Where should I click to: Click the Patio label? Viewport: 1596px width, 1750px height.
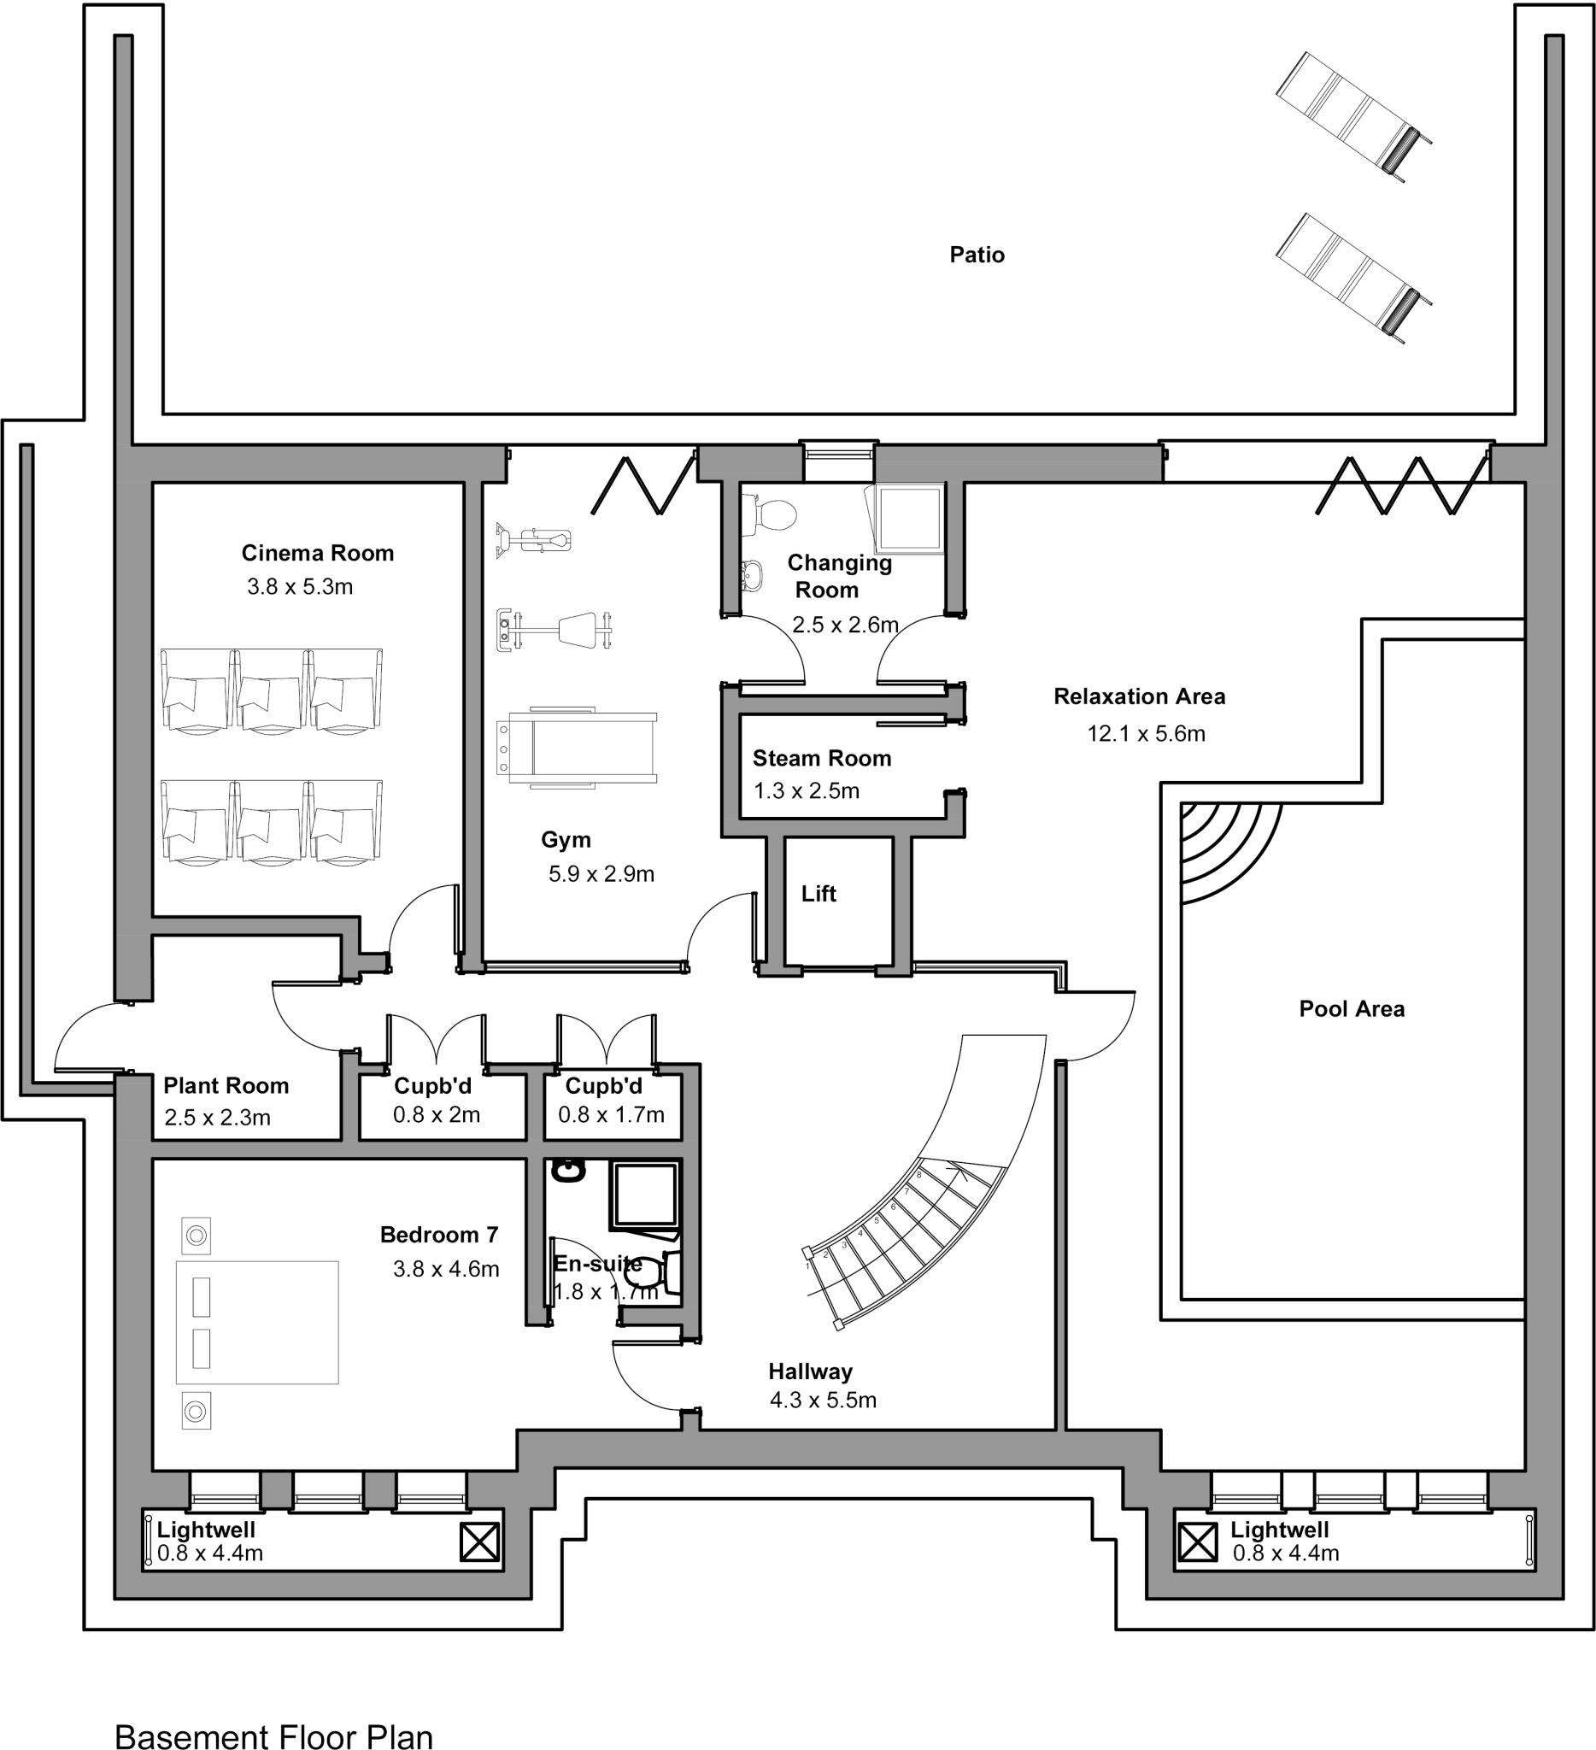click(x=977, y=255)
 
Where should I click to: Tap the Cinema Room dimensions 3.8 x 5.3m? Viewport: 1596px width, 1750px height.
click(x=299, y=587)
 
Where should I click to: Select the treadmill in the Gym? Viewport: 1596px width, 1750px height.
click(x=575, y=745)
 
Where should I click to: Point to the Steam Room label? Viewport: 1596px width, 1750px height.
click(x=821, y=758)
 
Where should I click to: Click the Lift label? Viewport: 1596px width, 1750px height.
click(x=818, y=893)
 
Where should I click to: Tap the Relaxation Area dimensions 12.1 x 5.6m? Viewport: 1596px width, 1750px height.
click(x=1146, y=733)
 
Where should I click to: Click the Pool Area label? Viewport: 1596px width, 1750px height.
click(x=1352, y=1008)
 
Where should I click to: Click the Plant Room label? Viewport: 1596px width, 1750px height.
click(x=226, y=1085)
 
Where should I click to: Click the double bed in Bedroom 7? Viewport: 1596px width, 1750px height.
click(x=257, y=1321)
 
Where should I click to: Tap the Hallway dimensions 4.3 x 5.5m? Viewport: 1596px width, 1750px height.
click(x=823, y=1401)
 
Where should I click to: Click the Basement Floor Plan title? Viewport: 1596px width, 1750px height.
click(x=273, y=1736)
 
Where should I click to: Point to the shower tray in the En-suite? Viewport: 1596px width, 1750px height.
click(x=644, y=1196)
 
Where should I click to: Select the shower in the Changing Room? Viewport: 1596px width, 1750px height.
click(x=910, y=518)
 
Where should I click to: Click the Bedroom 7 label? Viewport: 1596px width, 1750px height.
click(x=439, y=1235)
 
